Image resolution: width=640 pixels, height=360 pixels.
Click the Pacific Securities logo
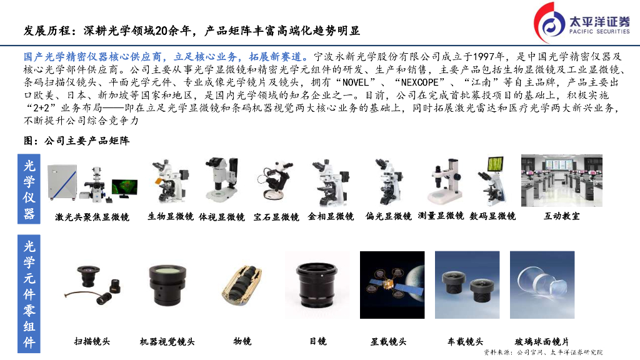(581, 23)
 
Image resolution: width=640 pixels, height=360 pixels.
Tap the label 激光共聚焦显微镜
(92, 217)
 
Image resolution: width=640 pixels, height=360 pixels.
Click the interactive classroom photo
(562, 181)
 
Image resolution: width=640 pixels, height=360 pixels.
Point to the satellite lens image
(392, 285)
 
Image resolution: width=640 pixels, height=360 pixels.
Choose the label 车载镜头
(465, 341)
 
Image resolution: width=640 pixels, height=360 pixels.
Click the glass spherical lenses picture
(542, 285)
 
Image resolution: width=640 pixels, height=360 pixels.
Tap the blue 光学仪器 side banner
(29, 189)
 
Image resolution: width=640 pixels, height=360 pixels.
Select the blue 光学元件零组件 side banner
(29, 294)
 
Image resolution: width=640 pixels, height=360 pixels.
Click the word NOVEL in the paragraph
(356, 82)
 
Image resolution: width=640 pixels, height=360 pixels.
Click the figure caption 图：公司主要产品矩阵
(77, 141)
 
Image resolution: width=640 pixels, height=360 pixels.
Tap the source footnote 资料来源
(543, 352)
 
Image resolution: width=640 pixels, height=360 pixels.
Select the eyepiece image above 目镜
(317, 285)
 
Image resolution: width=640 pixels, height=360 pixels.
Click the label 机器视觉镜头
(167, 341)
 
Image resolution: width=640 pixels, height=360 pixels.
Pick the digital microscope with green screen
(493, 181)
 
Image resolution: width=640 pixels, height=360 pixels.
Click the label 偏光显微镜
(389, 216)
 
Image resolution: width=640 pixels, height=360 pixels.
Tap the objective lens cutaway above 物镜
(242, 285)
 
